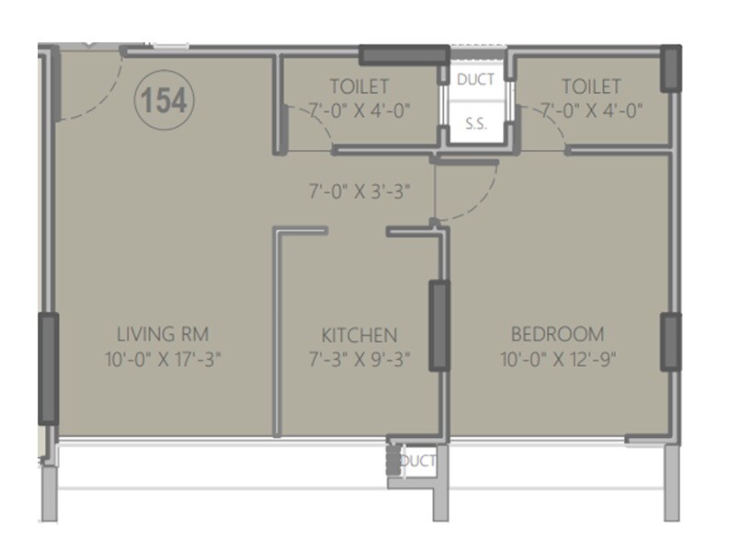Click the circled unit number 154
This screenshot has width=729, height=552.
pyautogui.click(x=165, y=100)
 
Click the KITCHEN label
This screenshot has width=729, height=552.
pyautogui.click(x=359, y=334)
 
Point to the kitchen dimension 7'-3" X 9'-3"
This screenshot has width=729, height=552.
pyautogui.click(x=359, y=358)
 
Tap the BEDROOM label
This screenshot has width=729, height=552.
pyautogui.click(x=558, y=333)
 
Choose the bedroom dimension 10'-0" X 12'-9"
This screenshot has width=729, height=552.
pyautogui.click(x=558, y=358)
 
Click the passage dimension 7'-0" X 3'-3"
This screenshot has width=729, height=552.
pyautogui.click(x=359, y=192)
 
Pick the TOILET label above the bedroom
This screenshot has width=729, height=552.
pyautogui.click(x=591, y=87)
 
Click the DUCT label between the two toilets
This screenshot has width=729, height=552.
pyautogui.click(x=475, y=80)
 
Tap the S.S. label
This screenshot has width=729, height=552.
pyautogui.click(x=475, y=124)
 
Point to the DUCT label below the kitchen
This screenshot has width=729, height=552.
pyautogui.click(x=418, y=461)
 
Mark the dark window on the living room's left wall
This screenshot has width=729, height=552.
pyautogui.click(x=47, y=368)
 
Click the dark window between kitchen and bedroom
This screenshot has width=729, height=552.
pyautogui.click(x=439, y=326)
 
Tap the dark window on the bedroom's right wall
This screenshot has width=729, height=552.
pyautogui.click(x=672, y=342)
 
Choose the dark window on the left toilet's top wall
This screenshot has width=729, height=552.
pyautogui.click(x=400, y=54)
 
